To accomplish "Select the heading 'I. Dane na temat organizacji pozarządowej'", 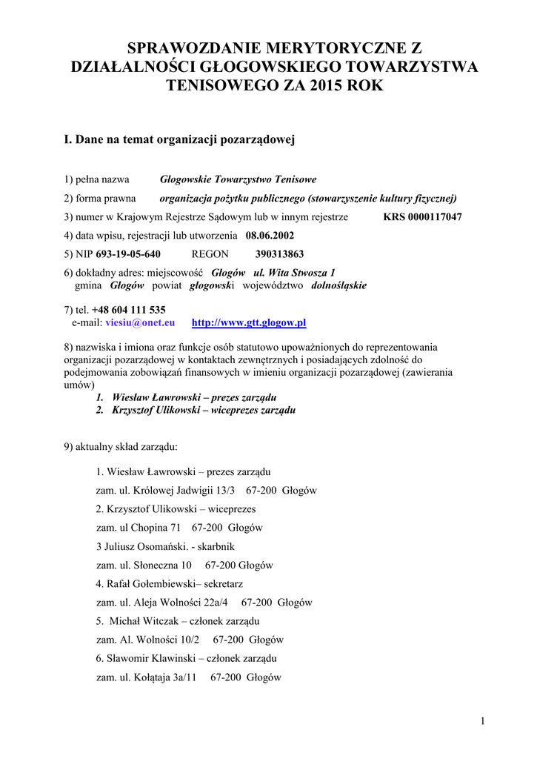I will tap(180, 139).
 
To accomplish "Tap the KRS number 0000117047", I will tap(423, 217).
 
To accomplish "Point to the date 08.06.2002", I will tap(270, 236).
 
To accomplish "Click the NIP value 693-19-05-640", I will tap(128, 254).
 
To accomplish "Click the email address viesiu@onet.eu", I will tap(140, 322).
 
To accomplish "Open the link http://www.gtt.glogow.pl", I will tap(249, 322).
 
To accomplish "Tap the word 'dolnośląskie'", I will tap(338, 285).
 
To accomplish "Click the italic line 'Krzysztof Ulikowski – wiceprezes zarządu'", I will tap(204, 410).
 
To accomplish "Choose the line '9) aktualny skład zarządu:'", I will tap(121, 447).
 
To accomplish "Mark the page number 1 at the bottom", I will tap(482, 721).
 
